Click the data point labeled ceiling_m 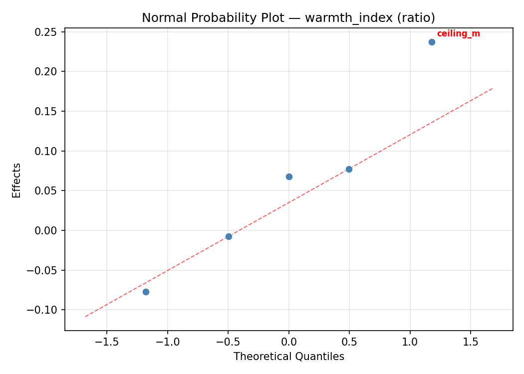click(x=432, y=42)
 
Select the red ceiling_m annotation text click(x=458, y=34)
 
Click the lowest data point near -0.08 click(x=146, y=292)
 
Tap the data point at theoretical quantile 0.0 click(x=289, y=177)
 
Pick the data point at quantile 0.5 click(x=349, y=169)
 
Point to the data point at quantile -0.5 click(x=229, y=236)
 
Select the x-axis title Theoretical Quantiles click(x=289, y=357)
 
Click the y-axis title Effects click(x=17, y=180)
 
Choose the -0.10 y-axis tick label click(x=44, y=310)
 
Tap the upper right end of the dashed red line click(x=493, y=88)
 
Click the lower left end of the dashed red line click(x=85, y=316)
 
